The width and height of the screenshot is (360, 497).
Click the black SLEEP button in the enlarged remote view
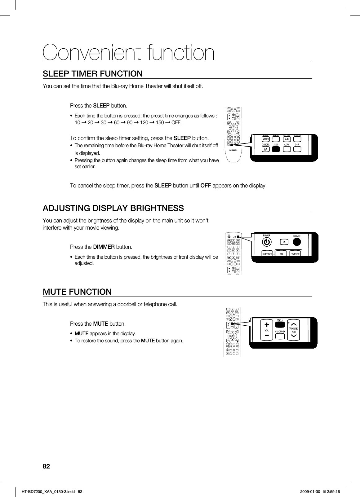coord(276,149)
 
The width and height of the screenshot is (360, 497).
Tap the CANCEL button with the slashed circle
coord(265,149)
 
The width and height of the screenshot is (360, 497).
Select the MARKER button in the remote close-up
coord(265,139)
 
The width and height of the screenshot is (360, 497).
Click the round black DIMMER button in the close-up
coord(297,242)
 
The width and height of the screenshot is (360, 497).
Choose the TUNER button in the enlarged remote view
coord(295,254)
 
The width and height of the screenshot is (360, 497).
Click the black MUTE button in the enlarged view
coord(280,325)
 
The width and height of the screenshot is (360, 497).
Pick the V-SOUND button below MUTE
coord(280,332)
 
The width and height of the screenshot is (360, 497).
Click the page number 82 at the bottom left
coord(46,467)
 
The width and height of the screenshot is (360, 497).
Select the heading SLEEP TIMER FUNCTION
coord(93,74)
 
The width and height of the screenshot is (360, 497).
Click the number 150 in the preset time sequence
coord(160,122)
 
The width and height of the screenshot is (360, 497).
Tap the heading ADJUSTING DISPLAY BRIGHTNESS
coord(113,208)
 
